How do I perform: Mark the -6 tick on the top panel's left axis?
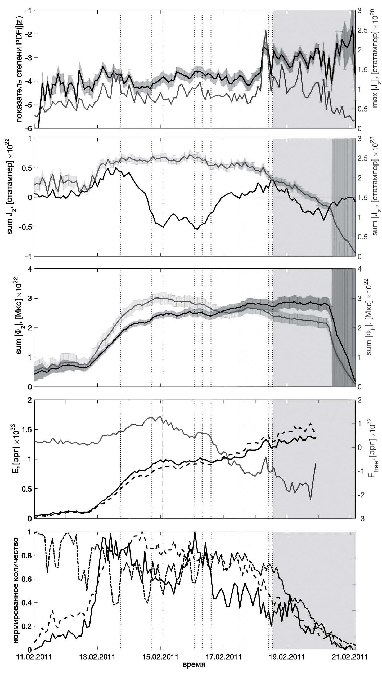pyautogui.click(x=28, y=128)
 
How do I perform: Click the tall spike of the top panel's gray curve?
pyautogui.click(x=266, y=30)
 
